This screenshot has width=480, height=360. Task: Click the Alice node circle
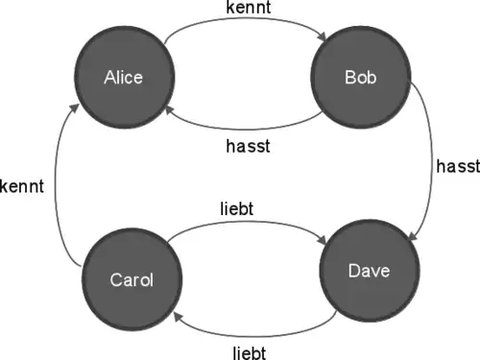click(125, 77)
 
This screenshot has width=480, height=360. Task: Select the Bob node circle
click(361, 77)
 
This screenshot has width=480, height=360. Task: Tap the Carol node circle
click(132, 279)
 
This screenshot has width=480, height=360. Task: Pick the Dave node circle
click(370, 271)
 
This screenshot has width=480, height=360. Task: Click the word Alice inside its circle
click(123, 78)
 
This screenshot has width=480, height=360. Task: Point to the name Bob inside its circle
click(361, 78)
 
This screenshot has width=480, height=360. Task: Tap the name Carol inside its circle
click(132, 279)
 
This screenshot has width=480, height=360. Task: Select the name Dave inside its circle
click(369, 271)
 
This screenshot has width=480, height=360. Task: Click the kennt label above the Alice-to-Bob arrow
click(249, 8)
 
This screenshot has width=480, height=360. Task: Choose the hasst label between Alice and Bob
click(248, 146)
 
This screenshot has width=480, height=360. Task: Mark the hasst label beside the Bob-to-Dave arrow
click(458, 166)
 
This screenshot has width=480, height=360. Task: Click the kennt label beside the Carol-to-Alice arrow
click(22, 186)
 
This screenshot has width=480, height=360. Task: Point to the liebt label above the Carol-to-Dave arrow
click(237, 208)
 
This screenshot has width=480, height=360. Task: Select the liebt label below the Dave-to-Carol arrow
click(250, 352)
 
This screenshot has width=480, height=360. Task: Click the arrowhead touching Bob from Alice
click(322, 36)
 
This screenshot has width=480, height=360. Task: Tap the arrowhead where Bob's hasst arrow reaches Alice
click(170, 110)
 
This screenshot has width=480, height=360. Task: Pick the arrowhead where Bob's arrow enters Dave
click(413, 235)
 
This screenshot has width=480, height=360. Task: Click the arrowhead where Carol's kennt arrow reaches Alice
click(75, 108)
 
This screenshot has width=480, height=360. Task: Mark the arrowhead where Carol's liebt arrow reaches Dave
click(322, 239)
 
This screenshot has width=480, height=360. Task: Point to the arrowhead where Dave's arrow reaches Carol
click(179, 317)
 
